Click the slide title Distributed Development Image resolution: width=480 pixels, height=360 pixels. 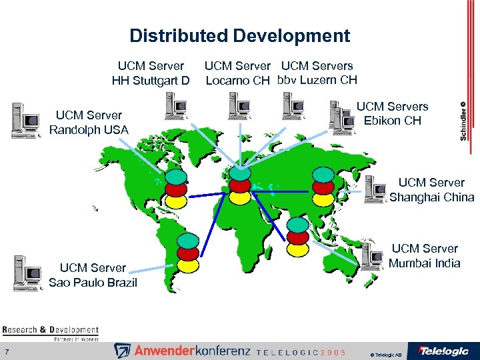(x=239, y=35)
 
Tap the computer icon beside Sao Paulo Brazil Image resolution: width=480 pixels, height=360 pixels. (x=27, y=270)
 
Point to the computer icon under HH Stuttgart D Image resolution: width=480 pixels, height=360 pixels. (x=176, y=105)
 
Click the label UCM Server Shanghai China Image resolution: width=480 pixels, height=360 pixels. (x=431, y=190)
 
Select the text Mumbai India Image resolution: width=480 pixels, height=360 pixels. (x=425, y=263)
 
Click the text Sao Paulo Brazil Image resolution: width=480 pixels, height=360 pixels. (x=93, y=283)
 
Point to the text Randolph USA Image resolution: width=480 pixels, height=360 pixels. (x=89, y=130)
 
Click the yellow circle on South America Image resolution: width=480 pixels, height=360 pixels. (x=189, y=265)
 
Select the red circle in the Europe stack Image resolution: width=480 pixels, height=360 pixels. (x=240, y=185)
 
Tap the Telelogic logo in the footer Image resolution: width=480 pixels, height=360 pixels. (x=443, y=350)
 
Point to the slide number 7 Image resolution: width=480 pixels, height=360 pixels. (x=5, y=352)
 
